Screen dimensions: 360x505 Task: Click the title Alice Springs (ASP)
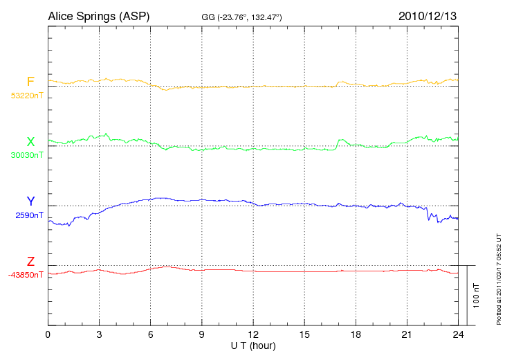point(99,15)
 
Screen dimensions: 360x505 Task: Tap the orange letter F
point(30,82)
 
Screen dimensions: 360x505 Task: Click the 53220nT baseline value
point(26,96)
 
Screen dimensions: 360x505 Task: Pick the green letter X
point(30,142)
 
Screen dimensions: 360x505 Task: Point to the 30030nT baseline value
point(26,155)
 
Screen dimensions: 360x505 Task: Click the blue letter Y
point(30,201)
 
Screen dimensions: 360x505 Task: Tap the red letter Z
point(30,262)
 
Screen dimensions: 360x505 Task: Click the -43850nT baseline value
point(26,275)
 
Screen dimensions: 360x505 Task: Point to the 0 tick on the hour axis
point(48,335)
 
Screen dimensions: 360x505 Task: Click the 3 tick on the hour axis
point(99,335)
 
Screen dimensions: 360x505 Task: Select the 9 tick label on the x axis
point(201,335)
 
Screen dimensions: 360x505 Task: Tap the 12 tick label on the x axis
point(252,335)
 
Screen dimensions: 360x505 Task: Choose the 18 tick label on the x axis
point(355,335)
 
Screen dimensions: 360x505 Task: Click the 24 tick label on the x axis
point(457,335)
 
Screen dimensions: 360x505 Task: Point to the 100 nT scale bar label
point(477,295)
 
